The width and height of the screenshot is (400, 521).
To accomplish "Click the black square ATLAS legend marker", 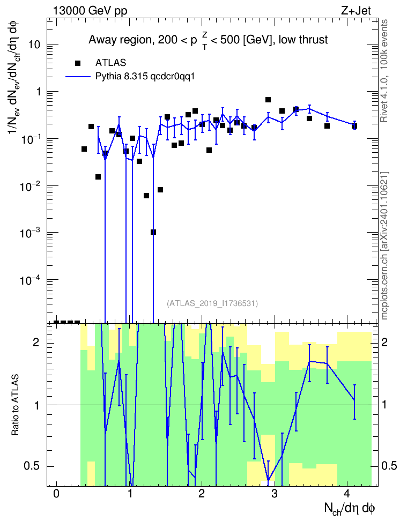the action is coord(78,63).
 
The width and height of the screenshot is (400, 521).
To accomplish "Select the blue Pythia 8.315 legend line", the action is coord(78,77).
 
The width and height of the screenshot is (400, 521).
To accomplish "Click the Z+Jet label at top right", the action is coord(356,11).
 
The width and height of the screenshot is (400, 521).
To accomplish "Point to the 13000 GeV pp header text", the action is coord(90,11).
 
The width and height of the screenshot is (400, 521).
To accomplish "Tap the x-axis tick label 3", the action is coord(275,494).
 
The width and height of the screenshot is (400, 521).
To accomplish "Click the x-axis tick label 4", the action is coord(347,494).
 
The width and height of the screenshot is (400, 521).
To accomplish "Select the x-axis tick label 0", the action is coord(56,494).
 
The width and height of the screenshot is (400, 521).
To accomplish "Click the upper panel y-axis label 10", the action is coord(34,44).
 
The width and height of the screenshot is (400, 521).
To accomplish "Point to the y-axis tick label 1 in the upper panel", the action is coord(38,92).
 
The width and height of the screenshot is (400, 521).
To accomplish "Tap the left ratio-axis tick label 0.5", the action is coord(32,466).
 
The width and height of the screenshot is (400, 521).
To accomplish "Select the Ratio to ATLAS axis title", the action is coord(15,405).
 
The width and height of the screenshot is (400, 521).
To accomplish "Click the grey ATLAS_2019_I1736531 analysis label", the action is coord(212,303).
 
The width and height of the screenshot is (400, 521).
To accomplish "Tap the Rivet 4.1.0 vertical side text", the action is coord(384,71).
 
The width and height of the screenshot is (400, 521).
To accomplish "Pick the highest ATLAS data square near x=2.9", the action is coord(268,100).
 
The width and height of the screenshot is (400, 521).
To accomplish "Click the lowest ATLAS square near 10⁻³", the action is coord(153,232).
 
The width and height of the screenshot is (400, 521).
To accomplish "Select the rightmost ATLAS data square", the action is coord(354,126).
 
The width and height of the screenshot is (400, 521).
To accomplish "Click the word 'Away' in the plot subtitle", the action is coord(101,40).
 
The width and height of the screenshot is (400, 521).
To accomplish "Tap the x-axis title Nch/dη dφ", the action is coord(350,508).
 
